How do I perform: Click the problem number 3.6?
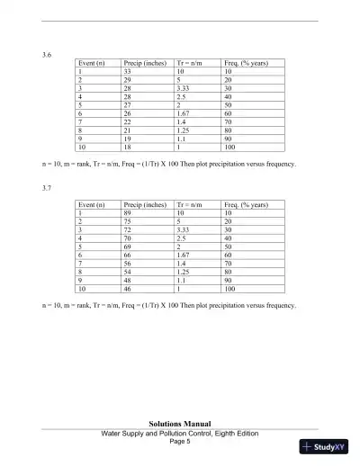pos(48,56)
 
